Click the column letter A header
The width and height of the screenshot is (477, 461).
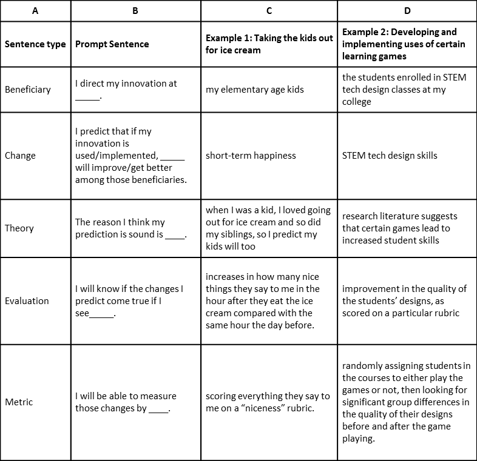[35, 10]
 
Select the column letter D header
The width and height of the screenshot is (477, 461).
[407, 10]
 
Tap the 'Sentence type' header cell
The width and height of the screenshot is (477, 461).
[35, 44]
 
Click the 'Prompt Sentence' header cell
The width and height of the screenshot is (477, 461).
[112, 44]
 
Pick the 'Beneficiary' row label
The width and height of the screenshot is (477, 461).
[28, 90]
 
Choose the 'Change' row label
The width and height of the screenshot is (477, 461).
[21, 156]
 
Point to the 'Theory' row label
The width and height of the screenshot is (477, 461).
[19, 228]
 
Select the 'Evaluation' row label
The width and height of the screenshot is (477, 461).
[27, 300]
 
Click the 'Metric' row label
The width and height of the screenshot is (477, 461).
[19, 402]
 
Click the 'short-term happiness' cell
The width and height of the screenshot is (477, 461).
[251, 156]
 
